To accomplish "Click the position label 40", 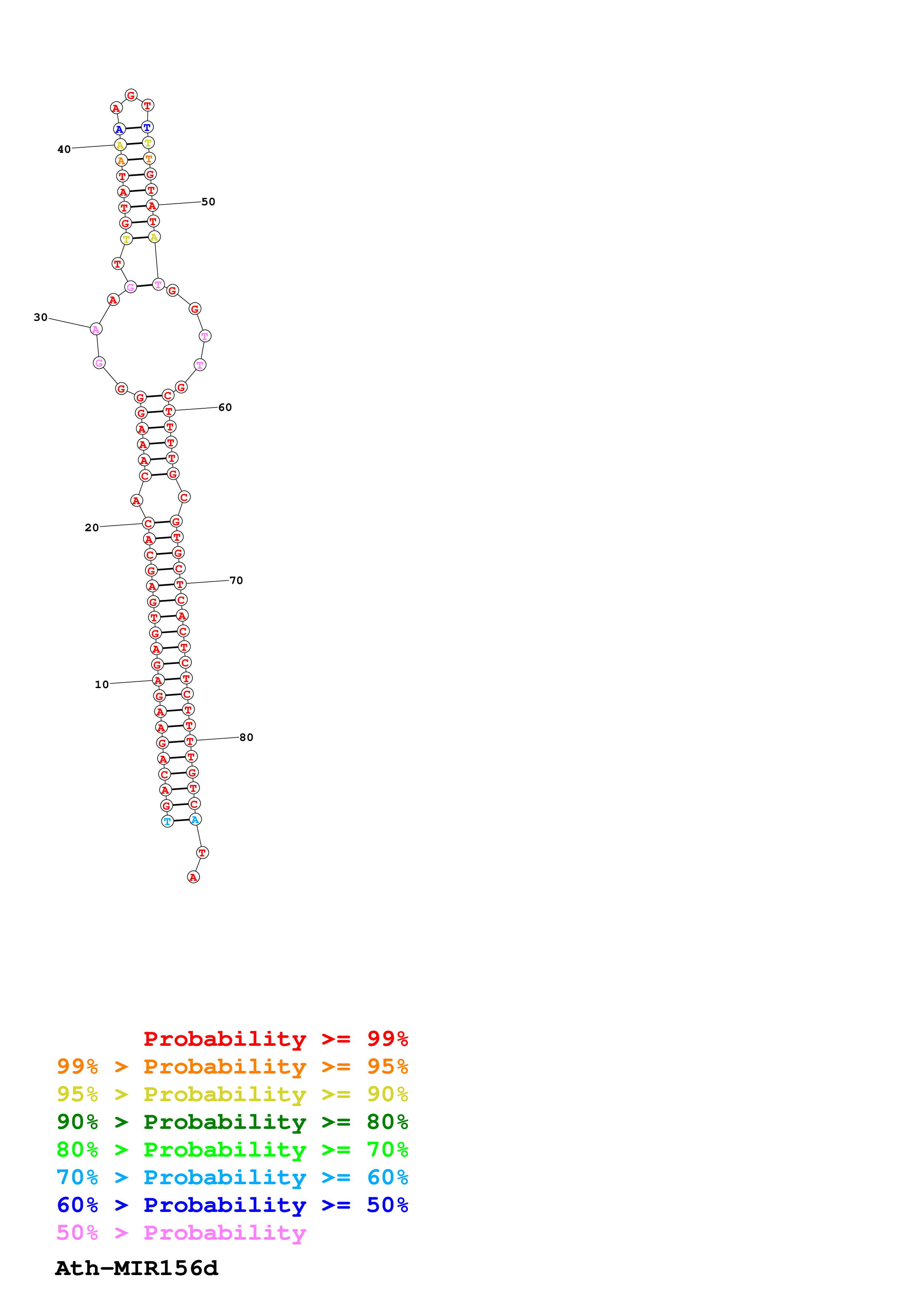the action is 64,150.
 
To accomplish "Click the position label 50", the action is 208,202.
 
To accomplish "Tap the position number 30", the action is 41,317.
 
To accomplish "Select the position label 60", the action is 225,407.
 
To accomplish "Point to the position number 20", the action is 91,528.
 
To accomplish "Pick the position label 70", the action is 236,580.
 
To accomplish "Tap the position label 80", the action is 246,737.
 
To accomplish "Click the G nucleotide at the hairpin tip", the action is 131,95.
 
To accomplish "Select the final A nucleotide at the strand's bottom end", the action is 193,877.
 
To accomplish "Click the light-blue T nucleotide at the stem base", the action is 167,821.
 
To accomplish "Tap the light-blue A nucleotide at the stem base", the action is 195,820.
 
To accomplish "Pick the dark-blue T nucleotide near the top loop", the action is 147,127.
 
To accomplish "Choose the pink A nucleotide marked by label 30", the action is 96,329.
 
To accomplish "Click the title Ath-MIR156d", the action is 137,1268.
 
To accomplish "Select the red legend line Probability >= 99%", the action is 275,1039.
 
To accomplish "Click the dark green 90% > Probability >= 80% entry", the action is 232,1122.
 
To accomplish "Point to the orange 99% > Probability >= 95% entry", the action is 232,1066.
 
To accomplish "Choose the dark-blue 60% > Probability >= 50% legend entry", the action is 232,1205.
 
